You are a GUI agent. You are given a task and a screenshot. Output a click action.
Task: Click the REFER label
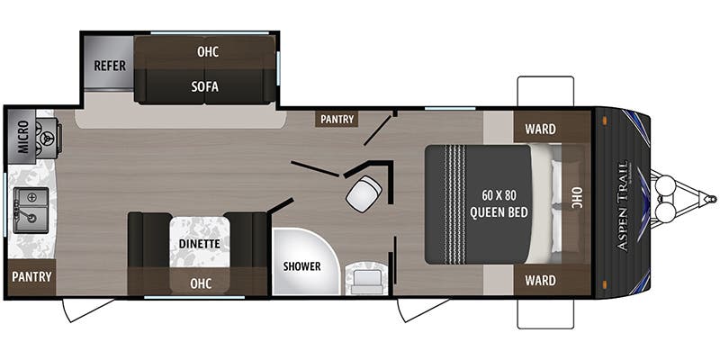click(x=109, y=66)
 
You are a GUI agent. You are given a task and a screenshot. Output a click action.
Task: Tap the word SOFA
click(x=205, y=87)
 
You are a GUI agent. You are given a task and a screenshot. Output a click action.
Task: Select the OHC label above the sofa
click(x=207, y=51)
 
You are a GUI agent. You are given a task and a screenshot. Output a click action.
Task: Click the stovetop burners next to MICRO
click(x=47, y=138)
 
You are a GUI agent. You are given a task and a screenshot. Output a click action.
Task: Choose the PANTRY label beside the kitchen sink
click(x=32, y=276)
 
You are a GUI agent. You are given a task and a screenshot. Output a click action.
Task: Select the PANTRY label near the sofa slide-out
click(x=338, y=119)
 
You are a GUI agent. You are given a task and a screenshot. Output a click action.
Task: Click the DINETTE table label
click(x=200, y=242)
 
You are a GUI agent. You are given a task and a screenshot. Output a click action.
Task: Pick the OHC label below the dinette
click(x=200, y=283)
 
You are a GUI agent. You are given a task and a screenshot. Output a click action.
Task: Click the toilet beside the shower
click(x=366, y=278)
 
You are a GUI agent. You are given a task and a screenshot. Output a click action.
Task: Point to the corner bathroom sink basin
click(x=364, y=193)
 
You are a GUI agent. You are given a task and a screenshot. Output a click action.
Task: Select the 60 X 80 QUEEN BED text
click(x=498, y=204)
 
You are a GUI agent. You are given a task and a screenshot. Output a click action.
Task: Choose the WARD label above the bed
click(x=540, y=128)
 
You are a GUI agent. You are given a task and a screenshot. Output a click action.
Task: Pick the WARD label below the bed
click(x=540, y=280)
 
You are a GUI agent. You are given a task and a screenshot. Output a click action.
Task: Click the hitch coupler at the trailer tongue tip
click(x=710, y=198)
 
